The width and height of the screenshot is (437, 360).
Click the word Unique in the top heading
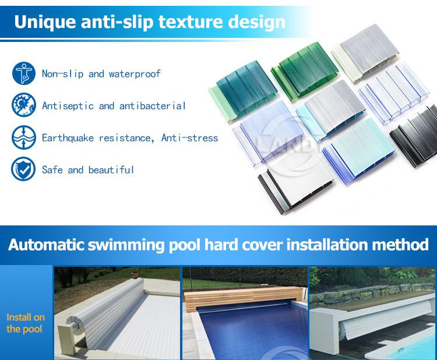point(45,22)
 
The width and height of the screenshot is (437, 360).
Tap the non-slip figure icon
point(24,73)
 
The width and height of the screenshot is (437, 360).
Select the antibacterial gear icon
point(24,105)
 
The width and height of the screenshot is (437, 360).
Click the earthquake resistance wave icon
point(24,137)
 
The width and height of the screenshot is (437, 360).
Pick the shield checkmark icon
point(23,169)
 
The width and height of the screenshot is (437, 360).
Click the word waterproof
point(135,74)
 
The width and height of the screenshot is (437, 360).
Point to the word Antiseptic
point(68,106)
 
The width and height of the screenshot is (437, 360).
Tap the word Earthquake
point(68,138)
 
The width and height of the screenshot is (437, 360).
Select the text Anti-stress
point(189,137)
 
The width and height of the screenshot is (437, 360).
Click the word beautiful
point(111,170)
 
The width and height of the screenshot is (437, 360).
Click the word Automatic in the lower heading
point(46,245)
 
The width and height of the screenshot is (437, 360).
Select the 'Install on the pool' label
point(26,323)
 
